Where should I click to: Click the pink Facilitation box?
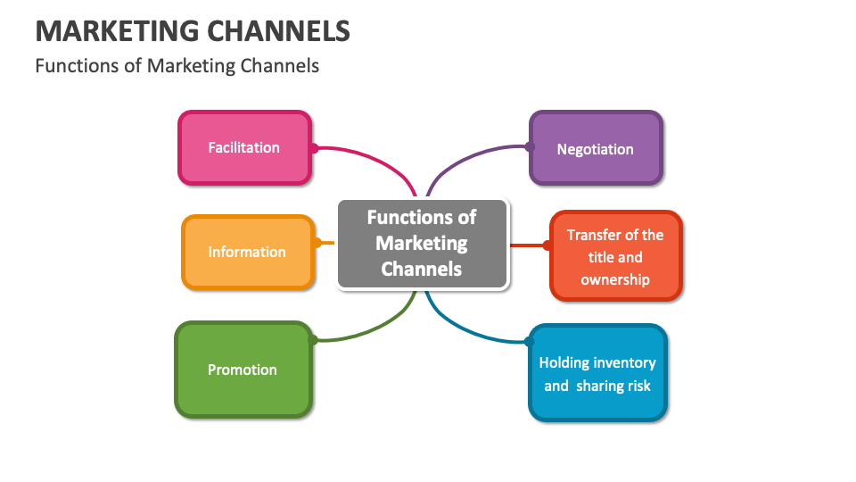click(x=244, y=148)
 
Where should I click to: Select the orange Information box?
click(x=247, y=253)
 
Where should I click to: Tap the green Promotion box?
click(x=243, y=370)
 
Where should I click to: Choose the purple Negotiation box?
click(x=596, y=149)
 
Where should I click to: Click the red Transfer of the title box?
click(x=615, y=257)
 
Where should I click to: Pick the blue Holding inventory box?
click(x=597, y=374)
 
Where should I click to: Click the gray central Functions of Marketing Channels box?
click(x=422, y=243)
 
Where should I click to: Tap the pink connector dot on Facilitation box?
click(x=314, y=148)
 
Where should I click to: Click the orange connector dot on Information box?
click(x=317, y=243)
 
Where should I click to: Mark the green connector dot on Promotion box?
click(x=313, y=340)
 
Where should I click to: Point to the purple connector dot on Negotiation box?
click(x=529, y=147)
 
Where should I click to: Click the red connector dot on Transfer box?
click(x=549, y=245)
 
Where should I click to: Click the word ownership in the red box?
click(x=615, y=279)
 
